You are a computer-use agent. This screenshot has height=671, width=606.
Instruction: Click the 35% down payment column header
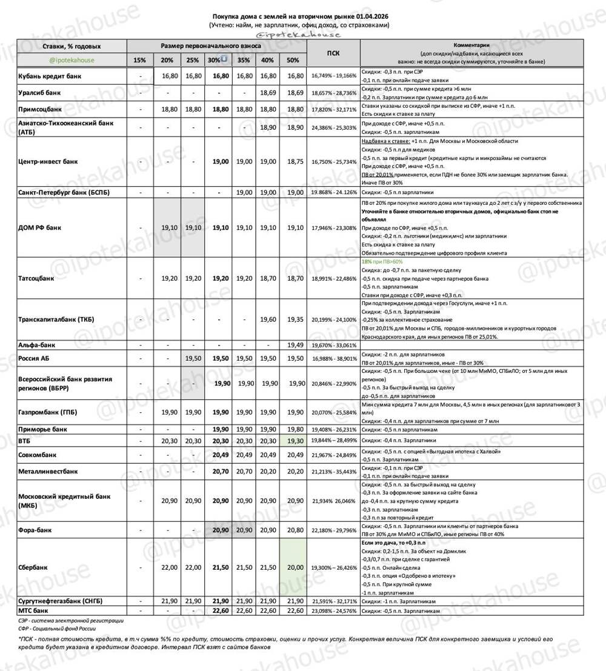pos(244,60)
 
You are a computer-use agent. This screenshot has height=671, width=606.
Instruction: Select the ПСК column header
pos(333,53)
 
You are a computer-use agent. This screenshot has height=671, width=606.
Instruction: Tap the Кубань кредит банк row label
pos(49,76)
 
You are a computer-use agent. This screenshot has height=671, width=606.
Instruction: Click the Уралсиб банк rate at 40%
pos(267,93)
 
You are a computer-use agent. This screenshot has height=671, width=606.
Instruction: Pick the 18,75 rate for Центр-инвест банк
pos(293,162)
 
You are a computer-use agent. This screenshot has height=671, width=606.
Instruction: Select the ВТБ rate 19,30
pos(293,441)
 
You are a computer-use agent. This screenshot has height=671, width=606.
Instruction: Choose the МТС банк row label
pos(34,610)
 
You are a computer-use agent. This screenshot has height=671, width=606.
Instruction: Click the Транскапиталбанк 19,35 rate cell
pos(293,319)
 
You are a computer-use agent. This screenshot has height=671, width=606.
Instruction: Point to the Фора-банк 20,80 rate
pos(293,530)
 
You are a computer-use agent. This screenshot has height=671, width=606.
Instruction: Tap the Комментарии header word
pos(471,45)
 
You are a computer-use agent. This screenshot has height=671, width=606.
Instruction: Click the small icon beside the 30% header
pos(224,59)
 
